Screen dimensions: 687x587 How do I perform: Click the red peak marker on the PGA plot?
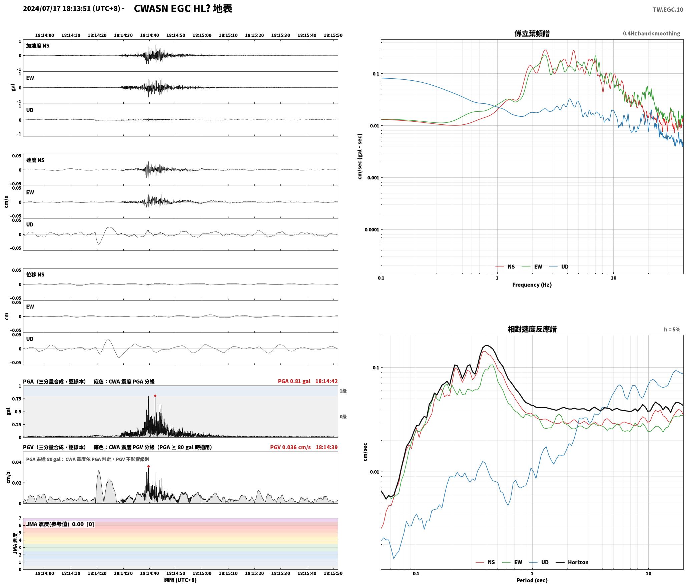point(155,396)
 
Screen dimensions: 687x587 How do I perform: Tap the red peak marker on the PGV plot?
point(148,466)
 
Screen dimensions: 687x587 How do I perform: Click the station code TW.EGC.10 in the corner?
point(668,10)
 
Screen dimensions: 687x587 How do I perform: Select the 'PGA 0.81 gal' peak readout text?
point(294,381)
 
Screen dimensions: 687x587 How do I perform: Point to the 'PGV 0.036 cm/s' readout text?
point(290,447)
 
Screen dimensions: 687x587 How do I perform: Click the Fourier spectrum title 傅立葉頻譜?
point(532,33)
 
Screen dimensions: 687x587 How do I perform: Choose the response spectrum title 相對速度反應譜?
point(532,329)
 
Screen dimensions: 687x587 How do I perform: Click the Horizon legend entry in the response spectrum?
point(572,562)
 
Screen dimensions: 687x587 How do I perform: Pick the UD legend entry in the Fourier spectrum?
point(559,266)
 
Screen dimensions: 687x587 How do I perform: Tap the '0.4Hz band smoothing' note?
point(651,33)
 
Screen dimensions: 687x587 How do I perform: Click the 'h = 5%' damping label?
point(672,330)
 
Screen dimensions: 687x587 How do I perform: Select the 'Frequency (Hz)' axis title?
point(532,284)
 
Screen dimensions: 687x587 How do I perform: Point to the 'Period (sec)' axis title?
point(532,580)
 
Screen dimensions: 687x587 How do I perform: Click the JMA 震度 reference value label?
point(60,524)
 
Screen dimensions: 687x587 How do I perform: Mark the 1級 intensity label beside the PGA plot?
point(343,391)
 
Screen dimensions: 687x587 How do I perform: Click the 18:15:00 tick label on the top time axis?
point(202,35)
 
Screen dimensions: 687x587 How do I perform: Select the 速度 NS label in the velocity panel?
point(35,160)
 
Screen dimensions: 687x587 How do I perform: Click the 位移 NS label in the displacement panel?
point(35,274)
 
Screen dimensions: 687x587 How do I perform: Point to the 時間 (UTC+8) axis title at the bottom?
point(180,580)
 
